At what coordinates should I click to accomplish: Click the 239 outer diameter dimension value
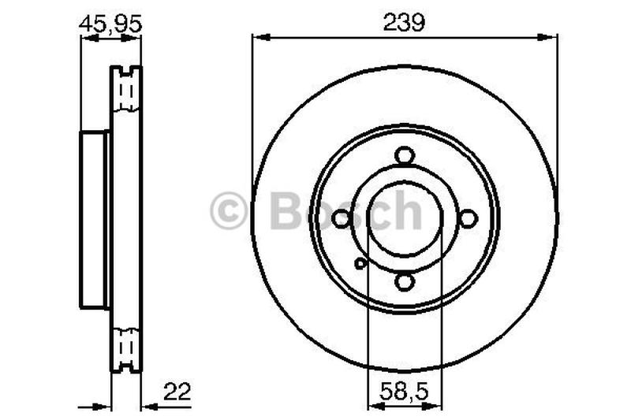[x=404, y=23]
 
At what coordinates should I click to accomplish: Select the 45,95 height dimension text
[x=110, y=24]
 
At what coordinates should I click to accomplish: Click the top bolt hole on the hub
[x=405, y=156]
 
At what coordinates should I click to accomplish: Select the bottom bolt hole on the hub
[x=405, y=281]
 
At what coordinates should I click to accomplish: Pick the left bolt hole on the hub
[x=342, y=219]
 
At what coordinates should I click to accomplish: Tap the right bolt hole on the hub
[x=468, y=219]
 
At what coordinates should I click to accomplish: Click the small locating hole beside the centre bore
[x=360, y=263]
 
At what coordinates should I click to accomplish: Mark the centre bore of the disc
[x=405, y=219]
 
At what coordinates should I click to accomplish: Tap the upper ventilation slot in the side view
[x=125, y=92]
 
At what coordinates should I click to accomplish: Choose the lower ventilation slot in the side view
[x=125, y=344]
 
